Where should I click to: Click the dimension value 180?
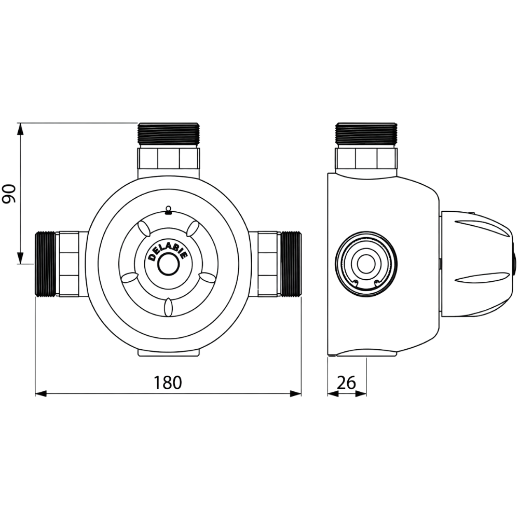[168, 383]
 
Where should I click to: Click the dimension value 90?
[9, 194]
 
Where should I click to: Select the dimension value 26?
[347, 383]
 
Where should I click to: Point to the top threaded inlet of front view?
[169, 135]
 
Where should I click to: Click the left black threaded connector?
[45, 264]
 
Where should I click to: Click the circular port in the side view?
[366, 264]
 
